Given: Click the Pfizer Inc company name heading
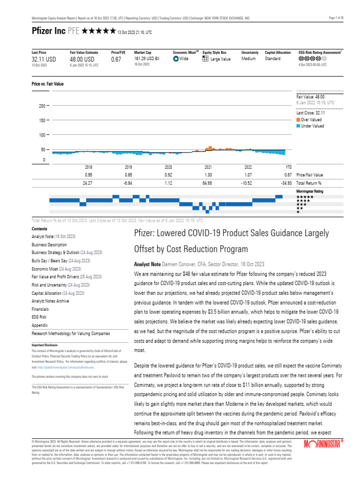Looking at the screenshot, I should pos(48,31).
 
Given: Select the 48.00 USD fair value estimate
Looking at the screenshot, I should pos(82,60).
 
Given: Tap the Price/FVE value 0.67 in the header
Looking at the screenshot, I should pos(116,60).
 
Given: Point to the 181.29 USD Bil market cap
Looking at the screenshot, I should pos(147,59).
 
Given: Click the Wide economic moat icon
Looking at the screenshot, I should pos(175,59).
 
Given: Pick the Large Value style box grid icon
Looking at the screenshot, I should pos(205,59).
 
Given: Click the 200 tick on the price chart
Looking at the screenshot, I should pos(41,106).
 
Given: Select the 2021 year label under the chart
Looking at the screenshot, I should pos(209,167).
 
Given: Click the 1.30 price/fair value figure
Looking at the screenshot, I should pos(209,175).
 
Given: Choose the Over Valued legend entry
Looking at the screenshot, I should pos(311,120).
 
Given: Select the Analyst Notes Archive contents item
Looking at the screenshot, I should pos(50,301).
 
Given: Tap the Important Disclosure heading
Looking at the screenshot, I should pos(45,345).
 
